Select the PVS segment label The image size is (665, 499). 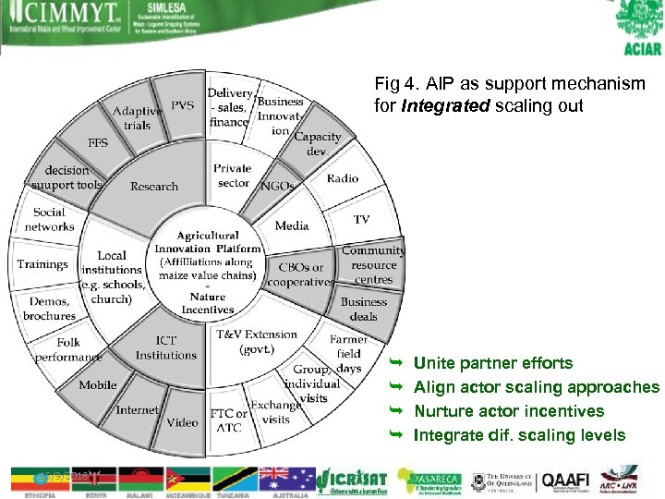pyautogui.click(x=183, y=105)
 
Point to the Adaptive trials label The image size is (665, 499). pyautogui.click(x=137, y=118)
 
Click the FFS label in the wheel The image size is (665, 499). pyautogui.click(x=98, y=143)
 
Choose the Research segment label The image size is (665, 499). pyautogui.click(x=154, y=187)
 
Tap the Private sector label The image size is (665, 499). pyautogui.click(x=233, y=176)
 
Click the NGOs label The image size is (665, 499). pyautogui.click(x=277, y=186)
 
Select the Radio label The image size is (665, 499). pyautogui.click(x=343, y=178)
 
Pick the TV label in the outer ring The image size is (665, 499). pyautogui.click(x=361, y=220)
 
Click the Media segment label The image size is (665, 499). pyautogui.click(x=292, y=225)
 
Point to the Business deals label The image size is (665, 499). pyautogui.click(x=364, y=309)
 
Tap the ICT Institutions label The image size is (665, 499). pyautogui.click(x=166, y=348)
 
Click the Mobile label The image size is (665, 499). pyautogui.click(x=98, y=384)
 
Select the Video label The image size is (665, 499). pyautogui.click(x=182, y=422)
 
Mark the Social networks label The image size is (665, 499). pyautogui.click(x=50, y=219)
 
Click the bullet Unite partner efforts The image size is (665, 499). pyautogui.click(x=493, y=363)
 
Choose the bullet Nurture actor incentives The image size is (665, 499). pyautogui.click(x=509, y=411)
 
